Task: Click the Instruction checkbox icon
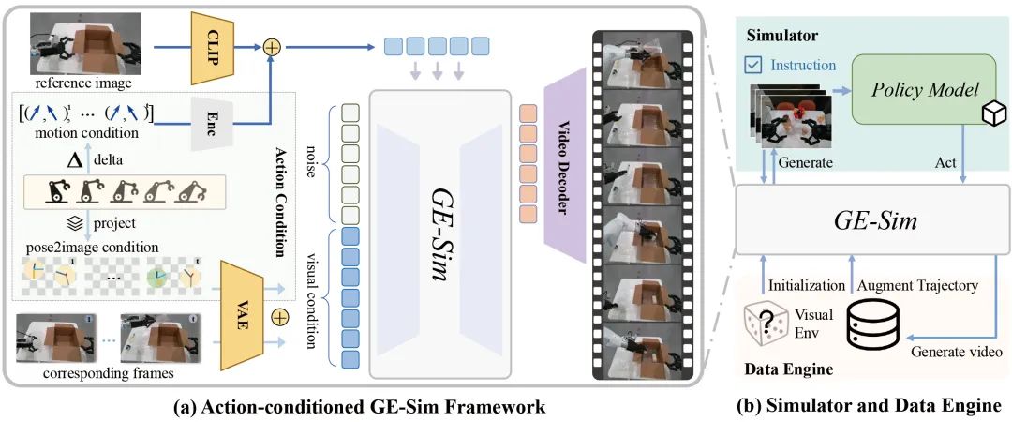point(752,66)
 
